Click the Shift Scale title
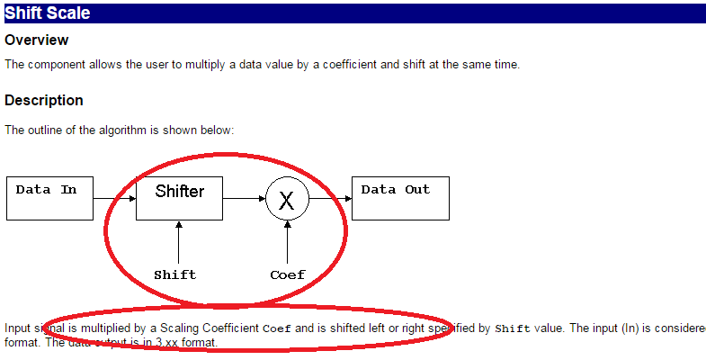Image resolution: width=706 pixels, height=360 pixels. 47,13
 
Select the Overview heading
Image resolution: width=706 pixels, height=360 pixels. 37,40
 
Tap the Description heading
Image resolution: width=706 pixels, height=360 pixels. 44,100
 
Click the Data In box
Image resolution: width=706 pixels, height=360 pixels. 49,198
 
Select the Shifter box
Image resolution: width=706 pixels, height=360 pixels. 179,198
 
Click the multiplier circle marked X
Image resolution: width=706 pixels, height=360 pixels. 287,199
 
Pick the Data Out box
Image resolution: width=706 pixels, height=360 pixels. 400,198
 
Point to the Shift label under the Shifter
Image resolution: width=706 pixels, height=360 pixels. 174,274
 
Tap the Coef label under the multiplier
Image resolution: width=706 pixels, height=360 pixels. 288,274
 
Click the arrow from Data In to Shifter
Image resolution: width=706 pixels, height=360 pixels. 114,198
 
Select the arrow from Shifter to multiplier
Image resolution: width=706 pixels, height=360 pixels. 244,198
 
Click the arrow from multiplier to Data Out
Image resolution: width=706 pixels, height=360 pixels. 330,198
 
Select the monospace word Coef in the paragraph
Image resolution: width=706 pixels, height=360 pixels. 276,328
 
